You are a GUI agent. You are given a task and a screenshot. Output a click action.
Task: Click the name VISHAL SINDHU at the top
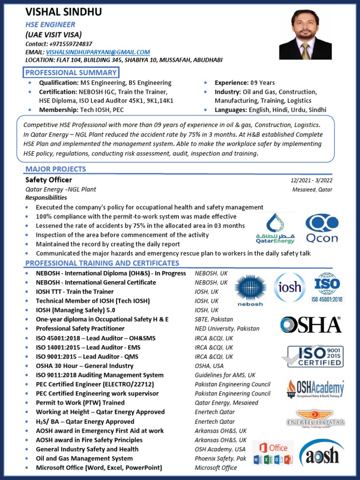(63, 12)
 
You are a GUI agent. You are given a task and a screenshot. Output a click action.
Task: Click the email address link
(98, 52)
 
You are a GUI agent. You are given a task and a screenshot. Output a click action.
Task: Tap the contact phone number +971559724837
(72, 44)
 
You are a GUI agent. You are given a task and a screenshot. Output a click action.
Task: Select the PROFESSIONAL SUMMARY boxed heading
(71, 72)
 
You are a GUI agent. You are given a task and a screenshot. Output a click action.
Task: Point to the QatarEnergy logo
(276, 229)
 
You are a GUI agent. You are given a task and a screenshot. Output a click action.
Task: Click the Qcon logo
(322, 228)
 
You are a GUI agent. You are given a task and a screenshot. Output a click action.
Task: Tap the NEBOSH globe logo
(250, 291)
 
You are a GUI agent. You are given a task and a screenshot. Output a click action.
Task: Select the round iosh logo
(290, 287)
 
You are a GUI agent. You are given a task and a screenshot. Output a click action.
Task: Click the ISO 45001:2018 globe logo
(327, 287)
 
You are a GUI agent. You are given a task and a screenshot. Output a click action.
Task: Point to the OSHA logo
(310, 325)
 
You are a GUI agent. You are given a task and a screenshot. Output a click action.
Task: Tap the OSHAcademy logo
(315, 389)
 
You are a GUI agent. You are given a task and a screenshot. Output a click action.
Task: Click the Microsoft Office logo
(273, 453)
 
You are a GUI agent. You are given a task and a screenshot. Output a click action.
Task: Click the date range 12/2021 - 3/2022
(311, 180)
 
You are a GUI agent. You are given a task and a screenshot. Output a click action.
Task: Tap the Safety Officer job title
(49, 180)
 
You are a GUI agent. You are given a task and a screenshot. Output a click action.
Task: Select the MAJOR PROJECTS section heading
(56, 169)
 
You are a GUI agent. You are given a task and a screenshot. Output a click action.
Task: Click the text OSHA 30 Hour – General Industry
(85, 366)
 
